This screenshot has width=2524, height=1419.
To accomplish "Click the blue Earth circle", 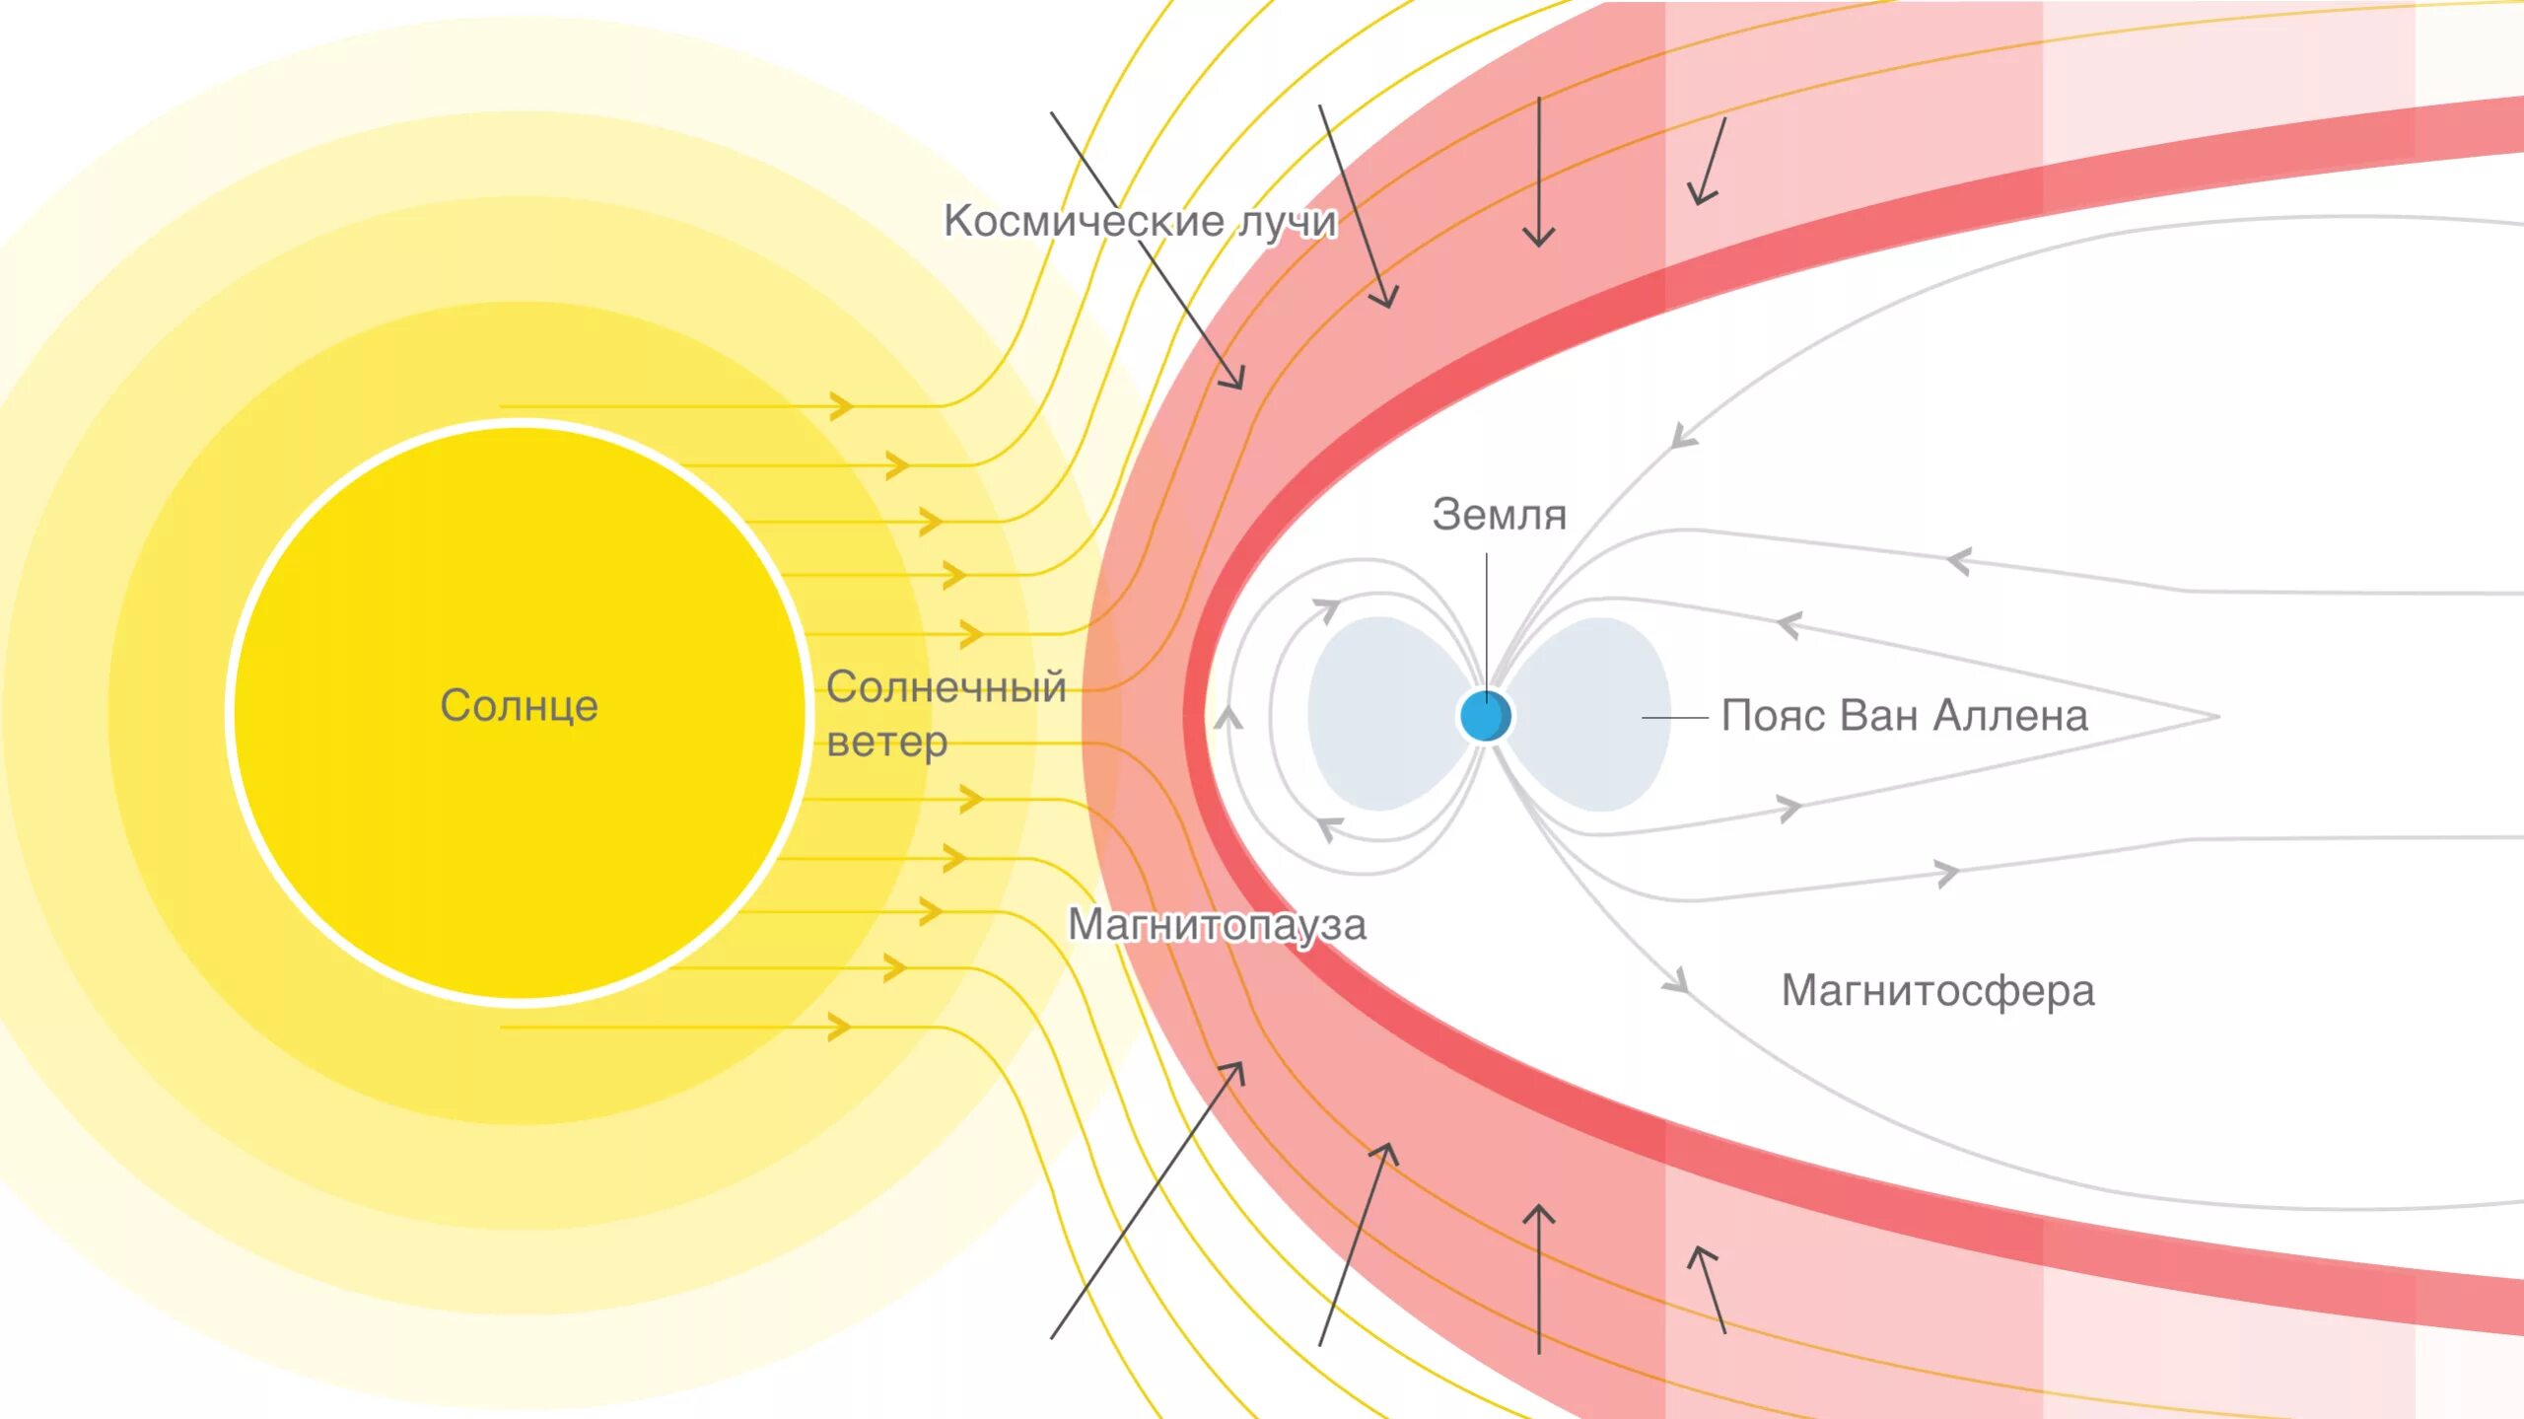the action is tap(1485, 716).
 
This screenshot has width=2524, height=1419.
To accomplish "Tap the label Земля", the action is tap(1499, 516).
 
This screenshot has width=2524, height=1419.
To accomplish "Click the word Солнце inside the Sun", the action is tap(519, 706).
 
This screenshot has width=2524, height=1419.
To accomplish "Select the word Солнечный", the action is tap(946, 687).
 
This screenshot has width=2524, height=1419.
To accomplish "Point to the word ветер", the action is tap(886, 743).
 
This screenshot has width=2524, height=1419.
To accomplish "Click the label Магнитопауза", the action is tap(1217, 925).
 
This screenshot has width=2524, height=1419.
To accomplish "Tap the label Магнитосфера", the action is tap(1937, 990).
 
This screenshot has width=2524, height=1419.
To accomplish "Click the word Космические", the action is tap(1084, 221).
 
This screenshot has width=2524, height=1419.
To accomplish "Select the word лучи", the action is tap(1288, 222).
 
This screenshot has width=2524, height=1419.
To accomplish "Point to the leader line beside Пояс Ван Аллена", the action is tap(1674, 718).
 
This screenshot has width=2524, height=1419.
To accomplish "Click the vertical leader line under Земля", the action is tap(1487, 611).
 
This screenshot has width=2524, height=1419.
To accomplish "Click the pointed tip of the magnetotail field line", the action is tap(2215, 717).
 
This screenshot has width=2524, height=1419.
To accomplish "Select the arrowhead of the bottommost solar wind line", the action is tap(842, 1027).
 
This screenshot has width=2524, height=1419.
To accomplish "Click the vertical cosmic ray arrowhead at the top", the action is tap(1538, 237).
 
